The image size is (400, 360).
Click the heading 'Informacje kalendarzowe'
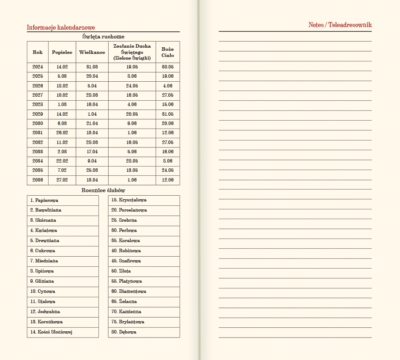tap(61, 27)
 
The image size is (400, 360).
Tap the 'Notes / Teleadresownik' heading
tap(340, 25)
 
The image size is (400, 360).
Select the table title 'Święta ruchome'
tap(103, 37)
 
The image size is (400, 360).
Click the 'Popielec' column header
tap(62, 52)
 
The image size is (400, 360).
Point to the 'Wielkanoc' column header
tap(92, 52)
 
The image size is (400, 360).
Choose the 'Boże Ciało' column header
tap(168, 52)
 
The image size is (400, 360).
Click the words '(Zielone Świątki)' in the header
tap(132, 58)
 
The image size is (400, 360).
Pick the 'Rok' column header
tap(38, 52)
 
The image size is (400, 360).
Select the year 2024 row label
tap(38, 67)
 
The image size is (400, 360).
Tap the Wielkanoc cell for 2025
tap(92, 76)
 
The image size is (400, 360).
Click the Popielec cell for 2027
tap(62, 95)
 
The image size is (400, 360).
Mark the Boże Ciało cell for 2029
tap(168, 114)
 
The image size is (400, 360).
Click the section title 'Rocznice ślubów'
tap(103, 190)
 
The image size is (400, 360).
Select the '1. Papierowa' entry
tap(44, 200)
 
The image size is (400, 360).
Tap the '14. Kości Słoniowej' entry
tap(51, 332)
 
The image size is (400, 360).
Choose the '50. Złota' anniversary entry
tap(121, 271)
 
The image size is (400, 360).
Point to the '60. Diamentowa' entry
tap(128, 292)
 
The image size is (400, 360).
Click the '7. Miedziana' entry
tap(44, 261)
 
